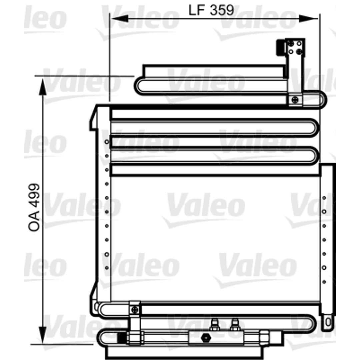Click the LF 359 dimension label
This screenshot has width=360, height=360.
tap(211, 10)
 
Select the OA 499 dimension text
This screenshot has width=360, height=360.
tap(34, 207)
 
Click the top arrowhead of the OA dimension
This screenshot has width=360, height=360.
tap(43, 87)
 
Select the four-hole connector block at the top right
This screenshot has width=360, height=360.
tap(295, 47)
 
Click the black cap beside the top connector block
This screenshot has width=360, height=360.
tap(280, 47)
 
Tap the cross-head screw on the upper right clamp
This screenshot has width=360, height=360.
tap(295, 100)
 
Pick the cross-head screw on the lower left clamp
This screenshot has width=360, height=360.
tap(135, 310)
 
